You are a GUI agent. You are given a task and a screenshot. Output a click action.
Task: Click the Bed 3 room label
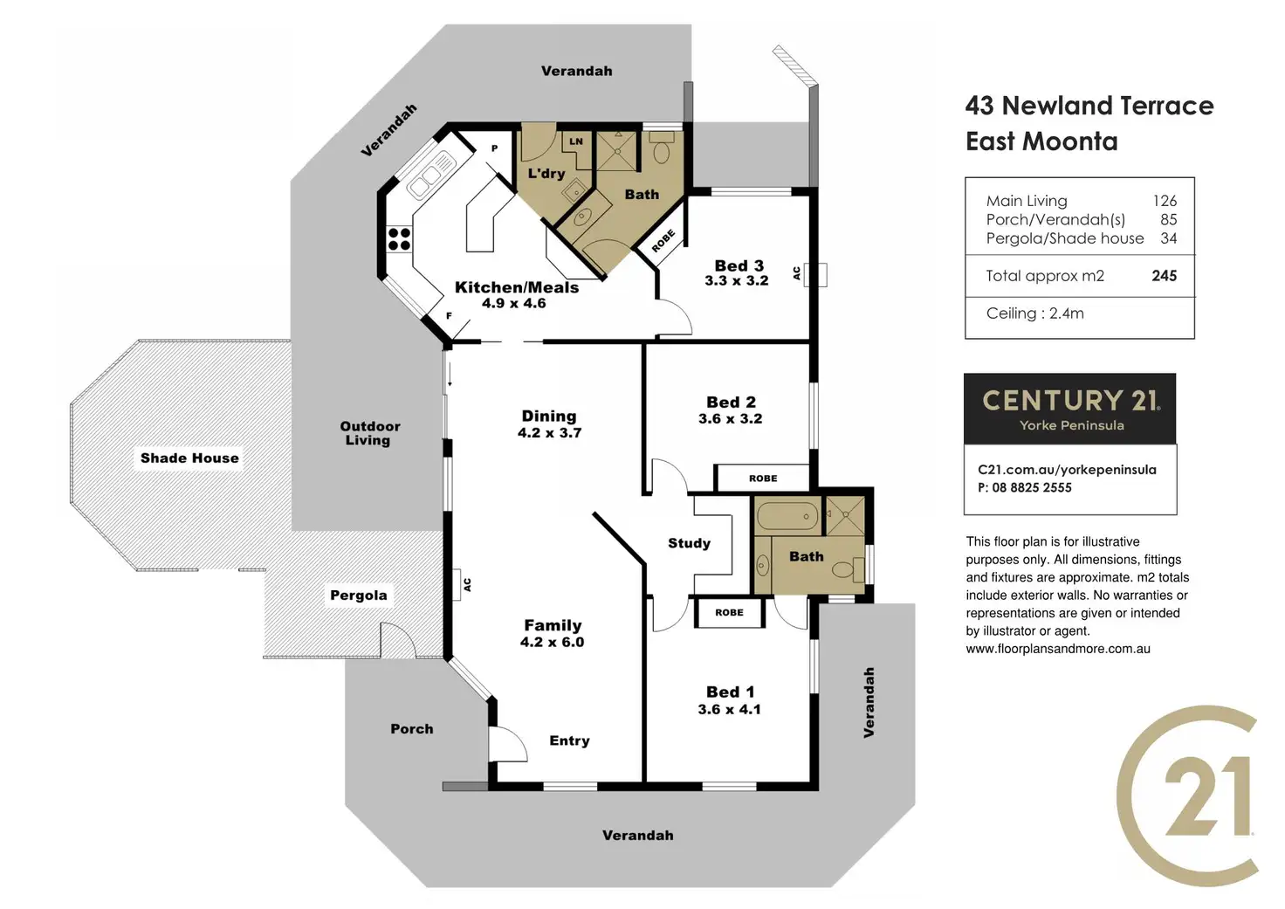[x=739, y=265]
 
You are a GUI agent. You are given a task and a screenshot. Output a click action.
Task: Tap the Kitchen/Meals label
[x=516, y=287]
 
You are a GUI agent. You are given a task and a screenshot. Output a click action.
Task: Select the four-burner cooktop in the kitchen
[x=399, y=238]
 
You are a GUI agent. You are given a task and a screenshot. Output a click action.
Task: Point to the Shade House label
[x=189, y=458]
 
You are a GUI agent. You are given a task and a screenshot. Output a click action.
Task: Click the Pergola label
[x=358, y=595]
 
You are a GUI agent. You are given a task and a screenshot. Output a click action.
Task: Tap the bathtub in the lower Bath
[x=787, y=516]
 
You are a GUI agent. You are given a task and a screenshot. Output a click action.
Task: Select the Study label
[x=689, y=543]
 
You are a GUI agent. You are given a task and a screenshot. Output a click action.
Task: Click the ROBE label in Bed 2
[x=762, y=479]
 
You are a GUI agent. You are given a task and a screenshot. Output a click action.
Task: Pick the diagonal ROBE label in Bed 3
[x=663, y=240]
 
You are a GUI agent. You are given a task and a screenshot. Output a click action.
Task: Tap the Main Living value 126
[x=1165, y=201]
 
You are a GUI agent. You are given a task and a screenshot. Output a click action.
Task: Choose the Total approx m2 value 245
[x=1164, y=276]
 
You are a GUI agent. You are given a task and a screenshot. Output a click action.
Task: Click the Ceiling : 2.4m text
[x=1034, y=313]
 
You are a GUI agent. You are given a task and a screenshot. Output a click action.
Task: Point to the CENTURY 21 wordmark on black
[x=1070, y=400]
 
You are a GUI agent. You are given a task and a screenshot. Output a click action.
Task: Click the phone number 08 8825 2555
[x=1031, y=487]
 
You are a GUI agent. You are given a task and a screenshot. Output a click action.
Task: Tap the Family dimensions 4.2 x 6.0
[x=552, y=642]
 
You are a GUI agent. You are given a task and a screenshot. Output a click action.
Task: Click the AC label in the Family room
[x=467, y=584]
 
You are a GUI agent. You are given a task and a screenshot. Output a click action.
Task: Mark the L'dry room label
[x=546, y=173]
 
